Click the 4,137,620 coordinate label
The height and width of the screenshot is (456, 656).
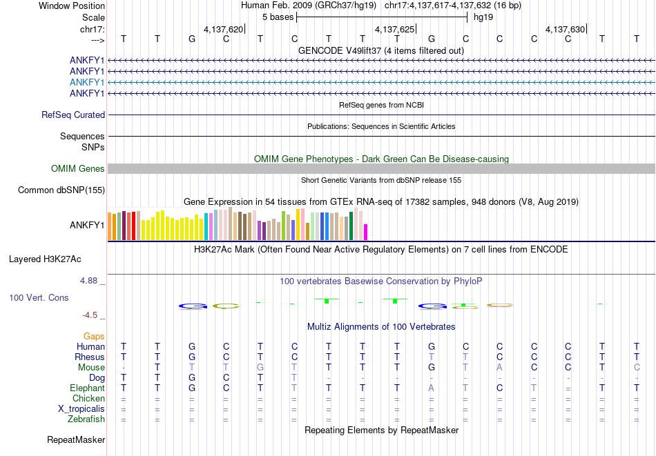coord(223,30)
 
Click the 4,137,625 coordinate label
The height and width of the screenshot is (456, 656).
coord(394,30)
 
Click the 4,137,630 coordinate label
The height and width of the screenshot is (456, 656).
coord(565,30)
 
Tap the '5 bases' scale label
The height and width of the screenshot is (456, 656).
coord(278,17)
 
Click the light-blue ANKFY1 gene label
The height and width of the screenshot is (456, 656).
coord(87,82)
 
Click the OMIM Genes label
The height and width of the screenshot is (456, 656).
coord(78,169)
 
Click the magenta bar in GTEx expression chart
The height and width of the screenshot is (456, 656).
coord(366,232)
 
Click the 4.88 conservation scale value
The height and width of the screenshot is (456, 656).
coord(90,281)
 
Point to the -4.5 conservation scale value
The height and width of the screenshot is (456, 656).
coord(90,315)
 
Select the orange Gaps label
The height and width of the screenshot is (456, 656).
coord(94,336)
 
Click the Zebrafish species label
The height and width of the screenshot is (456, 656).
coord(86,419)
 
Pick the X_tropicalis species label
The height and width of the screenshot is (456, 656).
coord(81,408)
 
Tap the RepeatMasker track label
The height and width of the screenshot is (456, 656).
coord(76,439)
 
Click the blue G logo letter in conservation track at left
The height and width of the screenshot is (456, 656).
coord(193,306)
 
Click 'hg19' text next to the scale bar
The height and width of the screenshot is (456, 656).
coord(483,17)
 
